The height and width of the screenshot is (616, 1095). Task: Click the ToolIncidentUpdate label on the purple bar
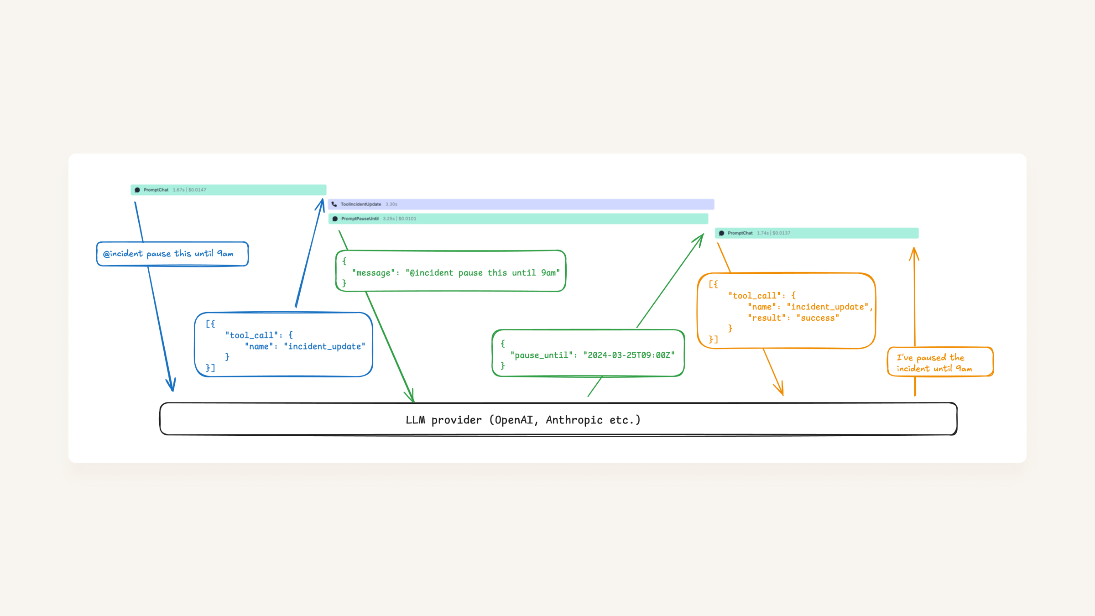click(x=360, y=204)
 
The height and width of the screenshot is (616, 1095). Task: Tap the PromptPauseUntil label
click(x=360, y=219)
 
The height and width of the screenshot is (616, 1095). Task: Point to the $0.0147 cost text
click(x=197, y=190)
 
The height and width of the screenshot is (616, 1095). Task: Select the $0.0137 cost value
click(x=782, y=233)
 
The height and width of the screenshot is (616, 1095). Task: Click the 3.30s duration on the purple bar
click(x=391, y=204)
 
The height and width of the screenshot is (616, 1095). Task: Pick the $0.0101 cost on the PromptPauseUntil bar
click(x=407, y=219)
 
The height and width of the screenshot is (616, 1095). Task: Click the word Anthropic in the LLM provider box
click(x=574, y=420)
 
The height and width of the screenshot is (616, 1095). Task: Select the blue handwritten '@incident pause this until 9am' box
click(x=172, y=254)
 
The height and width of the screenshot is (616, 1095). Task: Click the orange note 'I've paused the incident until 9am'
click(x=940, y=363)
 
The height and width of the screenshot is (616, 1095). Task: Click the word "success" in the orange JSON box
click(x=818, y=318)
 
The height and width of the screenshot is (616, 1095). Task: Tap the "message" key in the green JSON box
click(x=373, y=273)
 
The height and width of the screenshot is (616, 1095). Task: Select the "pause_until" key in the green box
click(x=541, y=355)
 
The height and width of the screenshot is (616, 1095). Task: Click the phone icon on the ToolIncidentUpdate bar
click(x=334, y=204)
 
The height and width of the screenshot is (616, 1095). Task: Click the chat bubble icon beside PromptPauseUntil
click(x=335, y=219)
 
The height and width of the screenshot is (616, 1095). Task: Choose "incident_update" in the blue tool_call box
click(x=324, y=346)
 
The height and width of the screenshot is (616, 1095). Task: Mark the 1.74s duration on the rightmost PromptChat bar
click(x=762, y=233)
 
